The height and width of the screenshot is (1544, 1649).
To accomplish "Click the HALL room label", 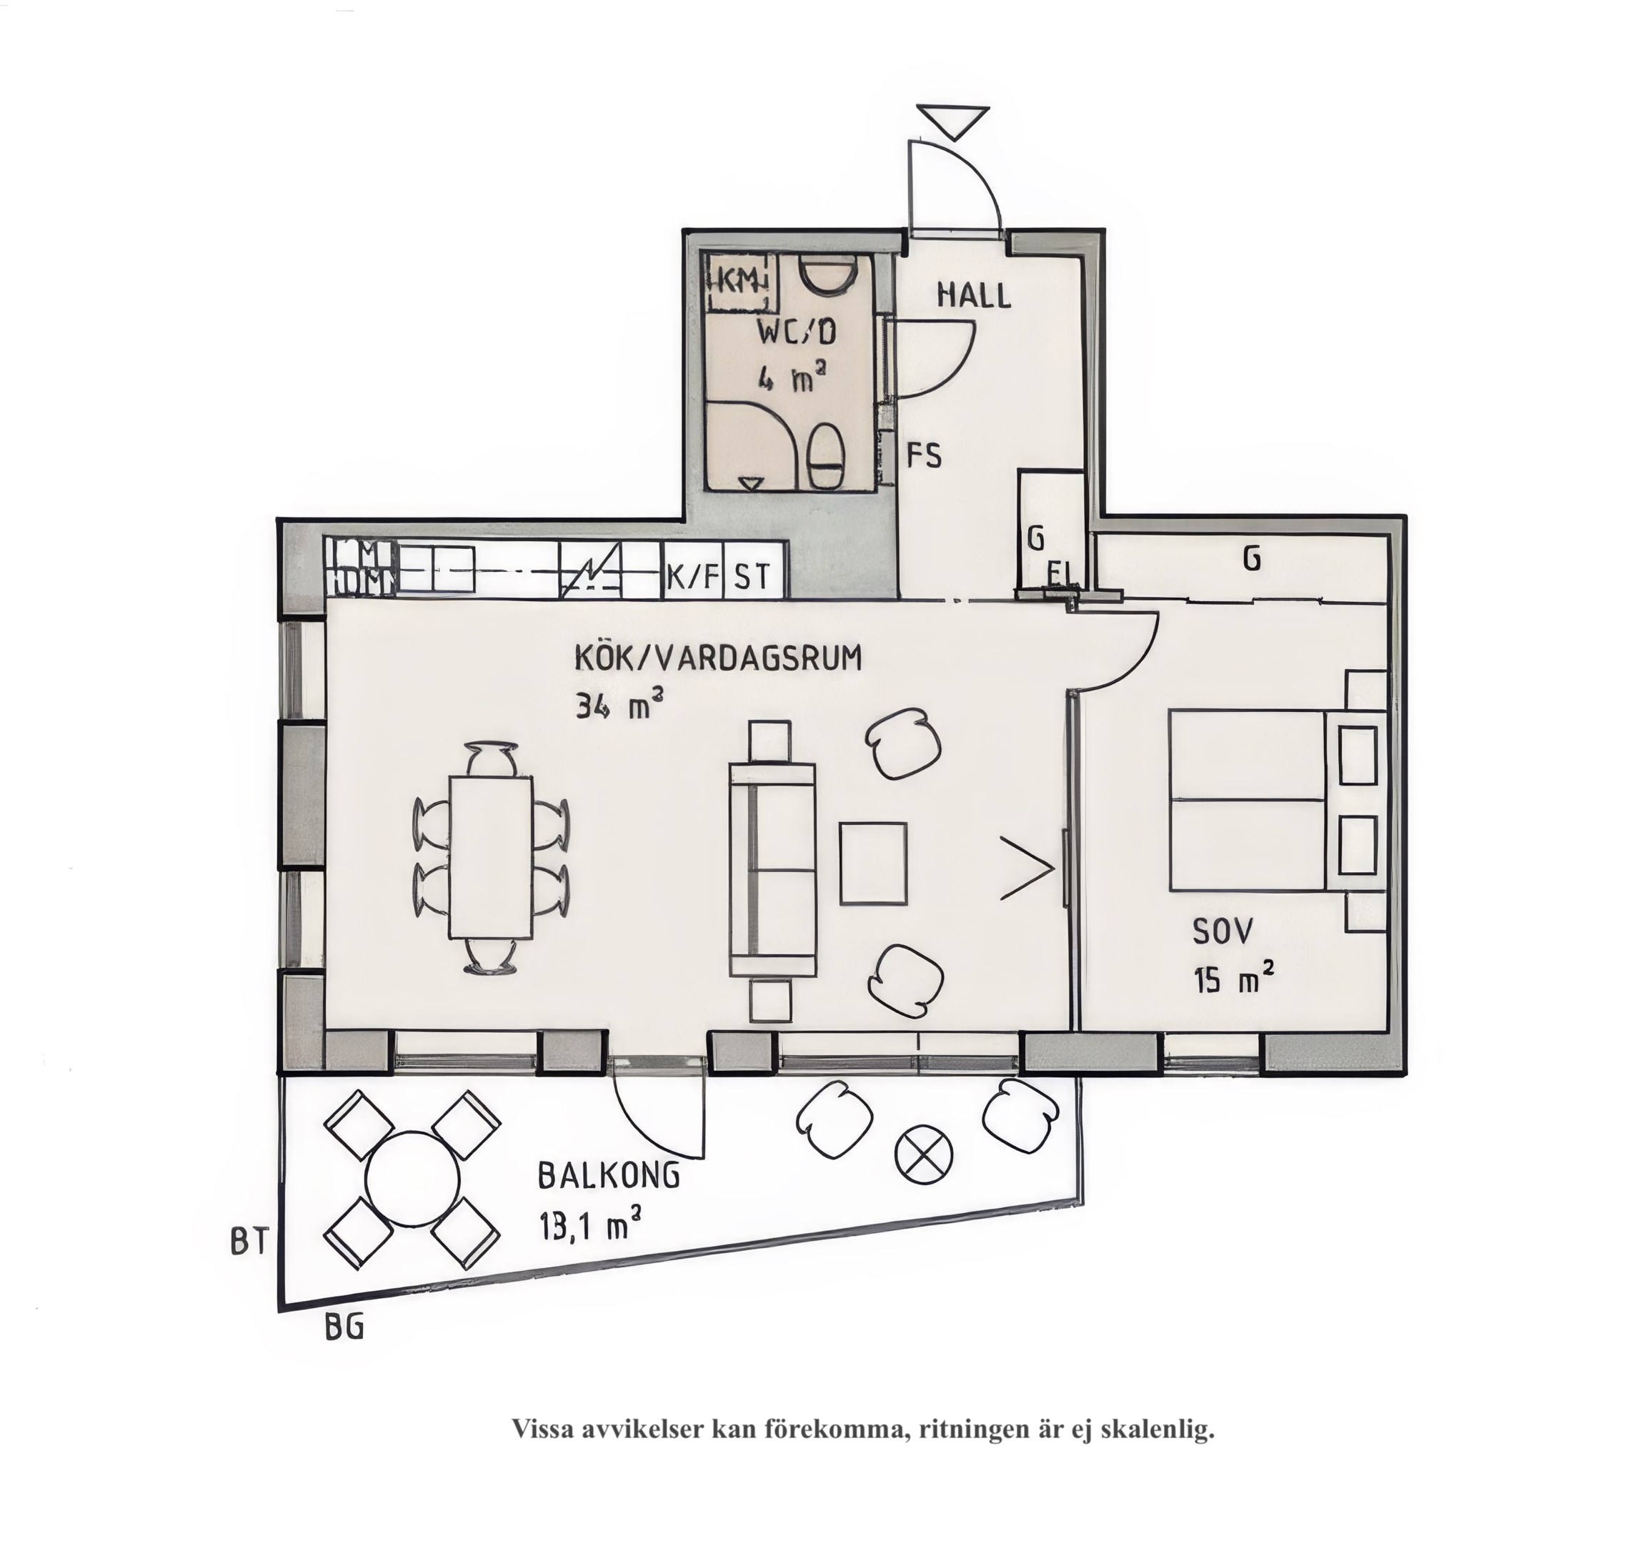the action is [x=974, y=295].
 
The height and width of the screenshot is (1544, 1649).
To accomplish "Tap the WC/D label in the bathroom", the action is [x=797, y=332].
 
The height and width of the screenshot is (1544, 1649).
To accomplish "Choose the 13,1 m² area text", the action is [x=589, y=1224].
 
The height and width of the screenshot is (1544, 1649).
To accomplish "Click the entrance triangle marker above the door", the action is [x=953, y=121].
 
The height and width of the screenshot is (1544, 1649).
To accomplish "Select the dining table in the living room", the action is [x=490, y=857].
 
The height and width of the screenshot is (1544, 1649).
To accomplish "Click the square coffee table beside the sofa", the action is [x=872, y=863].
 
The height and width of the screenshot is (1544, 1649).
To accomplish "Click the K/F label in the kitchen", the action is [x=694, y=576].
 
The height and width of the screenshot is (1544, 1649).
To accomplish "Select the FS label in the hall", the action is [x=924, y=455].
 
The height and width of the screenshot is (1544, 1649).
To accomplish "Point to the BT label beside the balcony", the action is [x=249, y=1242].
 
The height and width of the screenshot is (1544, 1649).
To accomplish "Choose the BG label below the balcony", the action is [x=344, y=1328].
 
